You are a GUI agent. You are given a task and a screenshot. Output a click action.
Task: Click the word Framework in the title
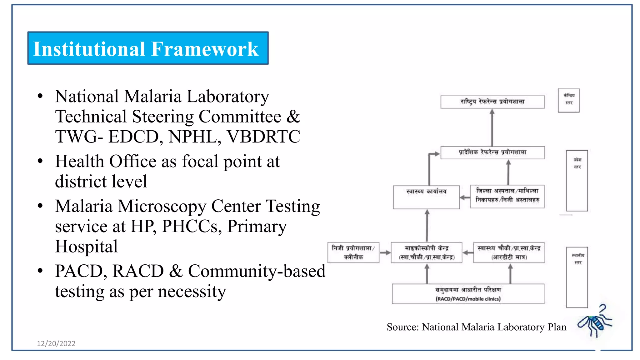click(205, 49)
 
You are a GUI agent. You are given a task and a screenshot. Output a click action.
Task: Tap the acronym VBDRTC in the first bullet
click(263, 137)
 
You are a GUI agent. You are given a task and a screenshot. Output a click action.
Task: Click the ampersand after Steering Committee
click(293, 117)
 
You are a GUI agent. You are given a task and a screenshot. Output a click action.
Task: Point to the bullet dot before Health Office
click(40, 161)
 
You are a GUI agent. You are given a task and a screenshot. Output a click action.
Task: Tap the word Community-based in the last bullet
click(257, 271)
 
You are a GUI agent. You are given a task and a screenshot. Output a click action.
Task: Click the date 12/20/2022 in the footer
click(56, 343)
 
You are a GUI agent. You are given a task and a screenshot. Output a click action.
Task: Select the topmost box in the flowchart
click(492, 102)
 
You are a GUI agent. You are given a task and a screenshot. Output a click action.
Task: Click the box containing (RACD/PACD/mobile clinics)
click(468, 294)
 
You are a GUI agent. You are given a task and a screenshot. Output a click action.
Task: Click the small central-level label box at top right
click(568, 100)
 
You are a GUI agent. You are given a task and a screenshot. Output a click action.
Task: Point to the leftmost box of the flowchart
click(353, 252)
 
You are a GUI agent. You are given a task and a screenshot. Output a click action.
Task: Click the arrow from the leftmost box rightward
click(385, 252)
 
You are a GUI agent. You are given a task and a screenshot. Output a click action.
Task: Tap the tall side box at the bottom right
click(577, 277)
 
